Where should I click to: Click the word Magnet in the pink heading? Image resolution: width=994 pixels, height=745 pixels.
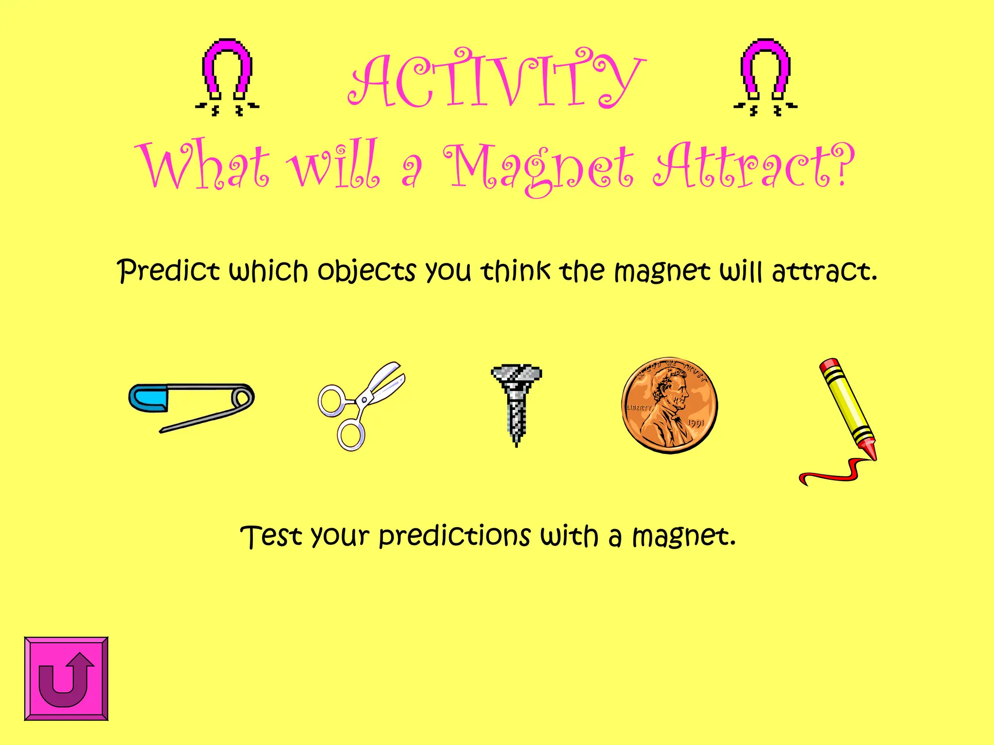539,167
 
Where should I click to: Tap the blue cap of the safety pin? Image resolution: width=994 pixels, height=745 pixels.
149,398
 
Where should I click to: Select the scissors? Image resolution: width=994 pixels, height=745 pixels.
362,405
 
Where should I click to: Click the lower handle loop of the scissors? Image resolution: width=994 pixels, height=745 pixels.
350,435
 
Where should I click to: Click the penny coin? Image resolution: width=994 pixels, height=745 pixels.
670,405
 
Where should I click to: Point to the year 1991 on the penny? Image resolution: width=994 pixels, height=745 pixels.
696,423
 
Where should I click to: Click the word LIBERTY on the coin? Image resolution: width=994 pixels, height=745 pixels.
639,407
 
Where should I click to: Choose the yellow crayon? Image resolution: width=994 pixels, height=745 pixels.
847,407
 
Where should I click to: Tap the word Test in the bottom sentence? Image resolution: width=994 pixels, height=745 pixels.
271,536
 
